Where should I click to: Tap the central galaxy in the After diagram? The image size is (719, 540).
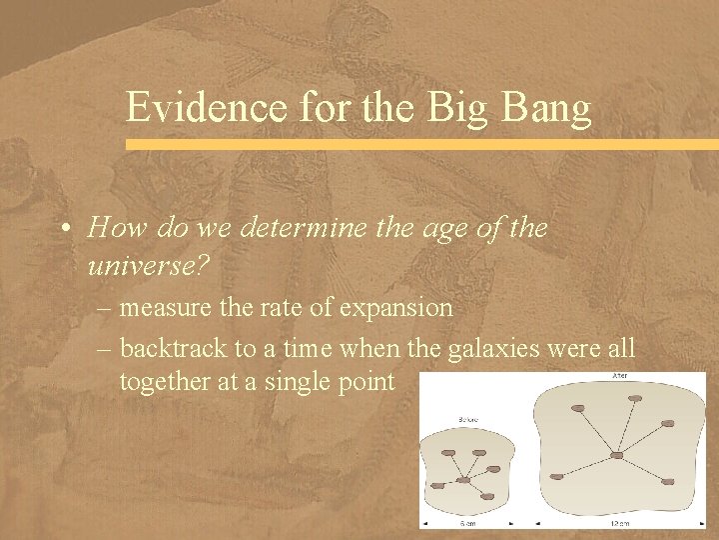point(617,456)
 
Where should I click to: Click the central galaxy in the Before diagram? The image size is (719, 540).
point(462,481)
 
